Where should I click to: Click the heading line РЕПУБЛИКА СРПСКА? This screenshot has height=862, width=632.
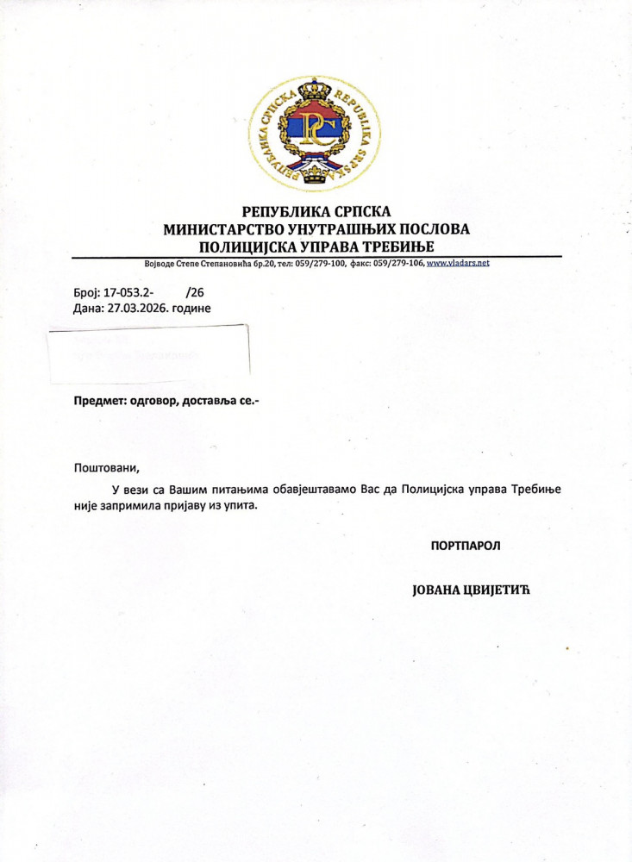(316, 211)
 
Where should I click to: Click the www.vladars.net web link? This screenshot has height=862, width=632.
(458, 262)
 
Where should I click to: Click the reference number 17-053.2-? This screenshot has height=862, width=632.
(129, 292)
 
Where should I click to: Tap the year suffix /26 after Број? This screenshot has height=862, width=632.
(195, 292)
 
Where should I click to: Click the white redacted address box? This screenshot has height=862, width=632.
(148, 353)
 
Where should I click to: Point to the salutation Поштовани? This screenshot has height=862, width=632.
(106, 468)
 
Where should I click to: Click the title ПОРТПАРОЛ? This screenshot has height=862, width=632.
(466, 545)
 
